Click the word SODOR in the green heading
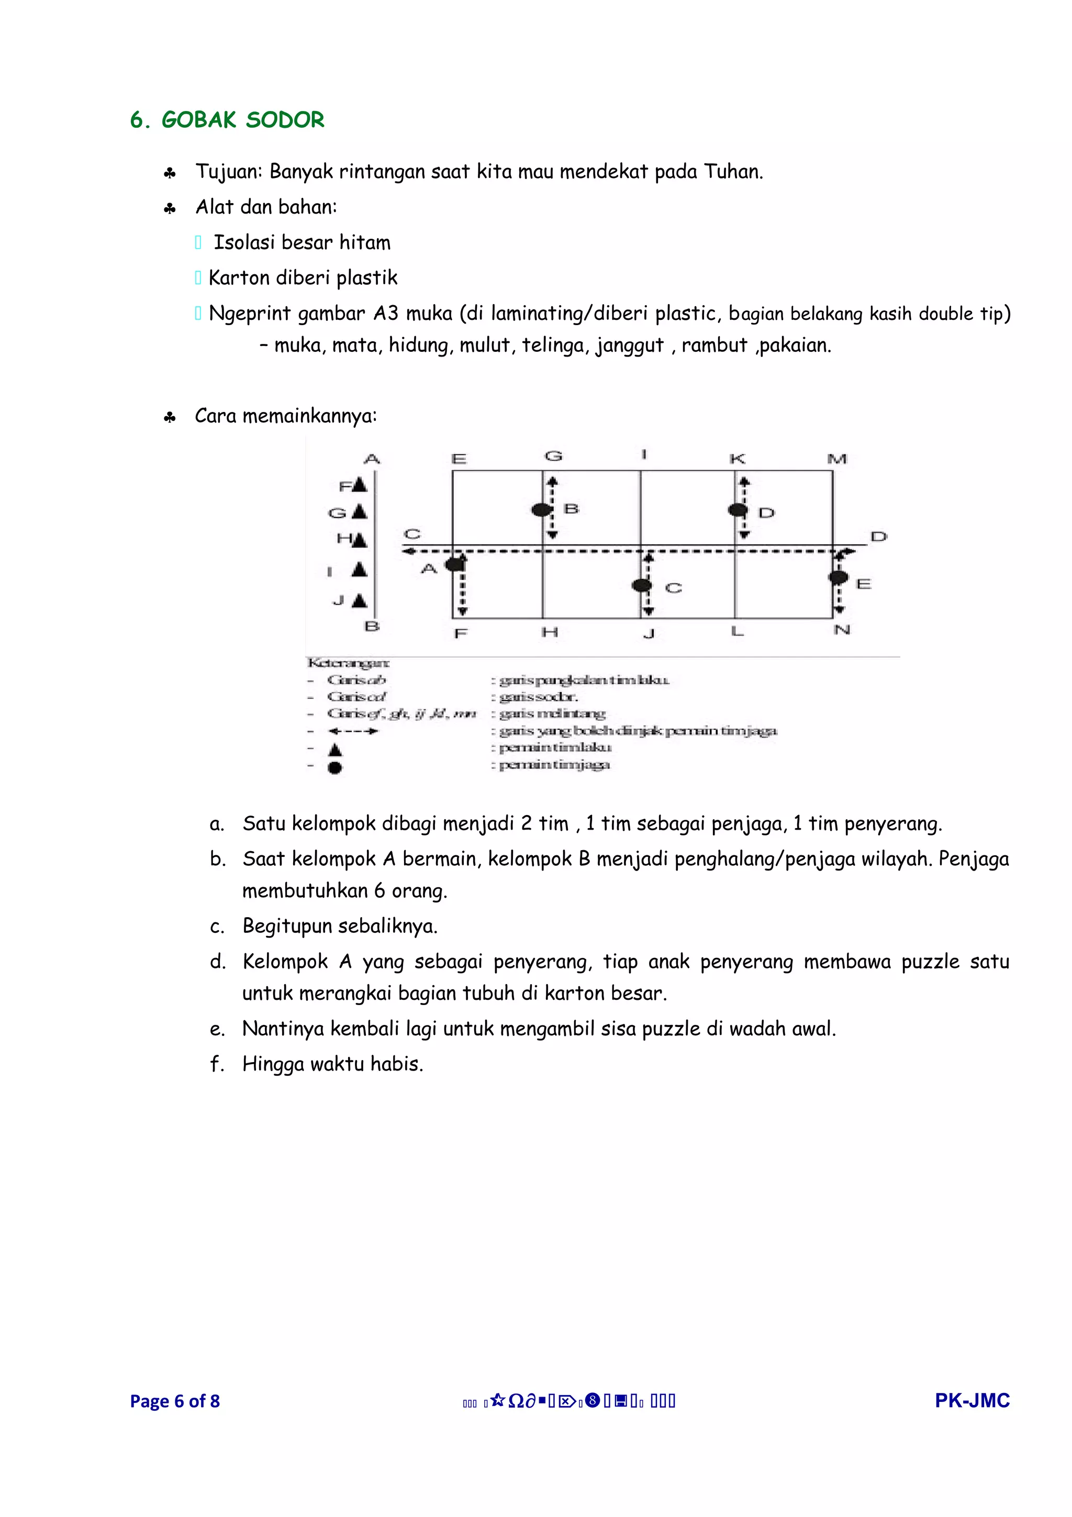point(285,120)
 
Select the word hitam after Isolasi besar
point(365,242)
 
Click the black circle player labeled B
point(541,509)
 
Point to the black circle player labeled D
point(736,510)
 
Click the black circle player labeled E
point(837,577)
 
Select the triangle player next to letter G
point(359,511)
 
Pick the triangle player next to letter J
point(359,600)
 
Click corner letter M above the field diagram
point(837,459)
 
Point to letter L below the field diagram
point(737,632)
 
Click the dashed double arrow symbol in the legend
point(353,731)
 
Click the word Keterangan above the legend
point(348,662)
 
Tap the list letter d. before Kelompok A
point(217,962)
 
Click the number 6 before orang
point(379,891)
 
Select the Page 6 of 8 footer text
point(174,1401)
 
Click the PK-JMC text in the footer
point(971,1400)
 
